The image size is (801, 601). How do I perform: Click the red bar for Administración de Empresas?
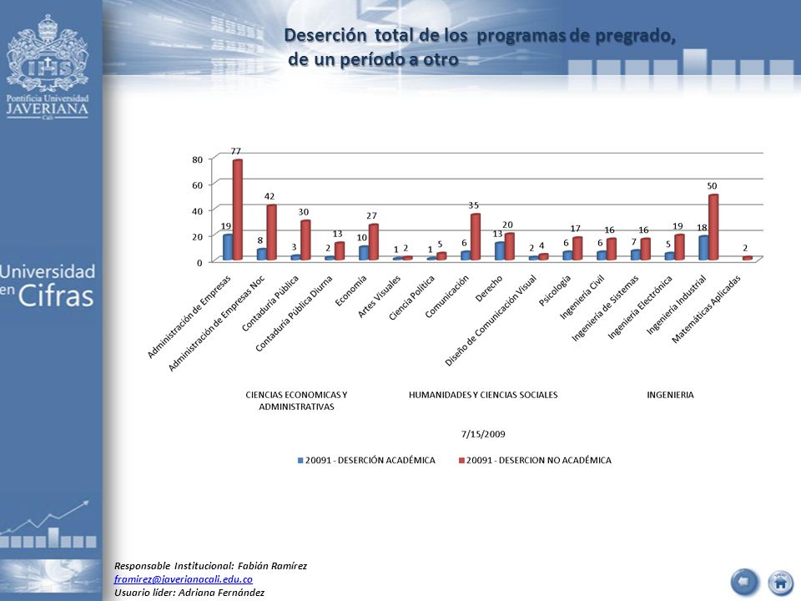pos(238,210)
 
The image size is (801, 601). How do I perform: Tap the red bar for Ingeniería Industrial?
pos(713,227)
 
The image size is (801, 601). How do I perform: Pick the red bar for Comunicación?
pos(476,236)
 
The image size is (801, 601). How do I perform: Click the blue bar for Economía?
pos(364,252)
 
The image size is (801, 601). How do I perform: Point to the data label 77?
pos(235,151)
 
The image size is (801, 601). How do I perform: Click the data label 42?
pos(270,196)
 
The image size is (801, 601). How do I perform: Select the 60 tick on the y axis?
pos(198,185)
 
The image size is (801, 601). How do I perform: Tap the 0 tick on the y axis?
pos(199,262)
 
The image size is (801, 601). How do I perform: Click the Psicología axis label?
pos(555,290)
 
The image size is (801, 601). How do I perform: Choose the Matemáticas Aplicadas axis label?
pos(706,309)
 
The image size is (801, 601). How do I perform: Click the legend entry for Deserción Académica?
pos(366,460)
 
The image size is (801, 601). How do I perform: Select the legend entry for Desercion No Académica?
pos(535,460)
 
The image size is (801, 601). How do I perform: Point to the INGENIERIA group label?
pos(670,395)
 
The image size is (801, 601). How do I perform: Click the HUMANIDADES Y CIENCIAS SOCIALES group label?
pos(483,395)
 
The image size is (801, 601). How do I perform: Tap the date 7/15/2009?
pos(483,434)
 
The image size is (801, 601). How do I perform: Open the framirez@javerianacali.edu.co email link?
pos(184,579)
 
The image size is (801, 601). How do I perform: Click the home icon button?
pos(781,582)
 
